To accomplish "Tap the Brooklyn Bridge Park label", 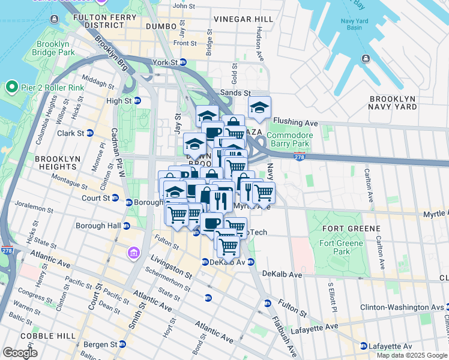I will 55,49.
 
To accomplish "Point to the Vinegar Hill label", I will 243,19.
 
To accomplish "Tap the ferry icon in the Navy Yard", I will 366,58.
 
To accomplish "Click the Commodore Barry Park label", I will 289,139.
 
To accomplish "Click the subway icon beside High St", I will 137,101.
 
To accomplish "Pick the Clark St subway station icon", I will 89,133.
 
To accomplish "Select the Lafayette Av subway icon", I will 364,346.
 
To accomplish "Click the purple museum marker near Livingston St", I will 131,254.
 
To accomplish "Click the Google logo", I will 20,353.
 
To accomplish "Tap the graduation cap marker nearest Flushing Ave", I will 260,108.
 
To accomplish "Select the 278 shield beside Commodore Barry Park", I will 299,157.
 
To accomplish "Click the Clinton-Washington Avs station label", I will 400,307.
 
